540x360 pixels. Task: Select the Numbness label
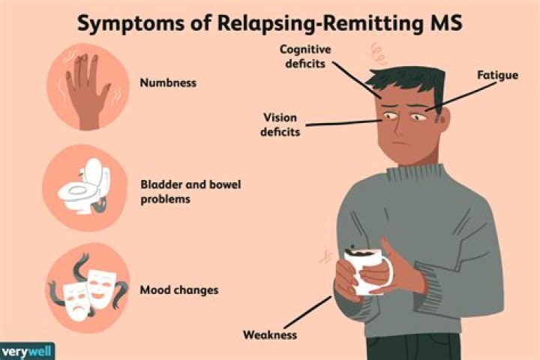168,82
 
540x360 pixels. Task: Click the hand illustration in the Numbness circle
86,91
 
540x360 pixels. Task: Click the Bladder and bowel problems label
190,191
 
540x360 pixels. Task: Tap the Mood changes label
179,290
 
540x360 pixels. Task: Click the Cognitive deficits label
305,56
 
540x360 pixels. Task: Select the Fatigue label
498,75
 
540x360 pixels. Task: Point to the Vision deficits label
280,124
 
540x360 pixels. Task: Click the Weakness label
270,334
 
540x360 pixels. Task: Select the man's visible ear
444,119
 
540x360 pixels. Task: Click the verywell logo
27,352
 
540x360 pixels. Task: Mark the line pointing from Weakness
308,312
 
